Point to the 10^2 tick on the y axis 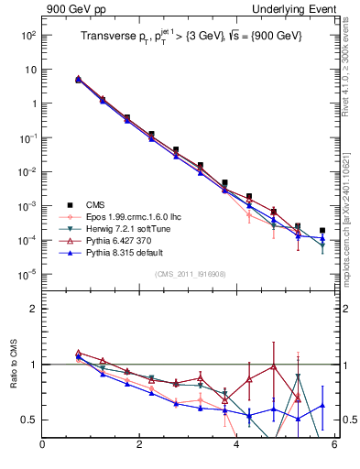(x=27, y=35)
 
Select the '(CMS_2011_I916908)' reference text (x=189, y=274)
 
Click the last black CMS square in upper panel (x=322, y=231)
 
